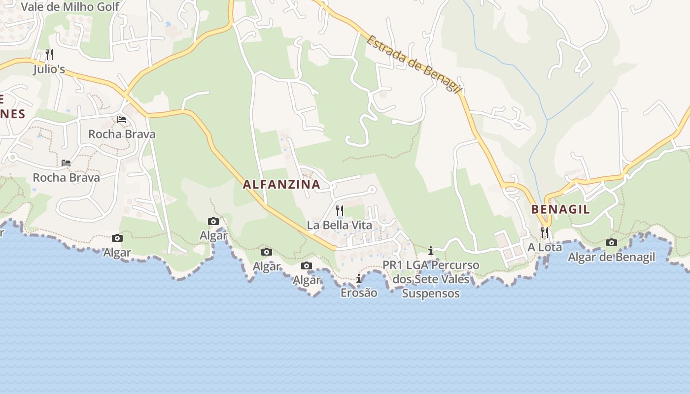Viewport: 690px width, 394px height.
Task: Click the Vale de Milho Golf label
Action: (70, 7)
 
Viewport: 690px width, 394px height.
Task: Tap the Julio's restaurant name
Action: (49, 69)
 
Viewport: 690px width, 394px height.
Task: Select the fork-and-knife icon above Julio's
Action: (49, 54)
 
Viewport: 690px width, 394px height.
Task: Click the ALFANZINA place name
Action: (281, 185)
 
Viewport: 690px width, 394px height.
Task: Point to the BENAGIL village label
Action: (560, 209)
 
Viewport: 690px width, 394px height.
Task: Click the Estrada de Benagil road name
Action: (414, 64)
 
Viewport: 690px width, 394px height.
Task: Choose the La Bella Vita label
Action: (340, 225)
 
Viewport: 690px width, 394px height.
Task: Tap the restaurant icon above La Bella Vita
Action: (340, 211)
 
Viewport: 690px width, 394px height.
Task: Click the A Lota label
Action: (545, 247)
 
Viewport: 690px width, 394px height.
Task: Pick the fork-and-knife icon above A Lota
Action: (545, 232)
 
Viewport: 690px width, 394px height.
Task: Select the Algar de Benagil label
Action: (612, 257)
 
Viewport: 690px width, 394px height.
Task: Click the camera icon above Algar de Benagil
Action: (612, 242)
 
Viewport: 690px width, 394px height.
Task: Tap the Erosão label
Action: (359, 293)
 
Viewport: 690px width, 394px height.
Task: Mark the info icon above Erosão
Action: (358, 279)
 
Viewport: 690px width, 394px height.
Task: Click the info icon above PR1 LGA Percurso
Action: (431, 251)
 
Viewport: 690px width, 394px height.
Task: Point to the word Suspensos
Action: (431, 294)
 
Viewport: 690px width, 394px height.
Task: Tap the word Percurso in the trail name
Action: (455, 265)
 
